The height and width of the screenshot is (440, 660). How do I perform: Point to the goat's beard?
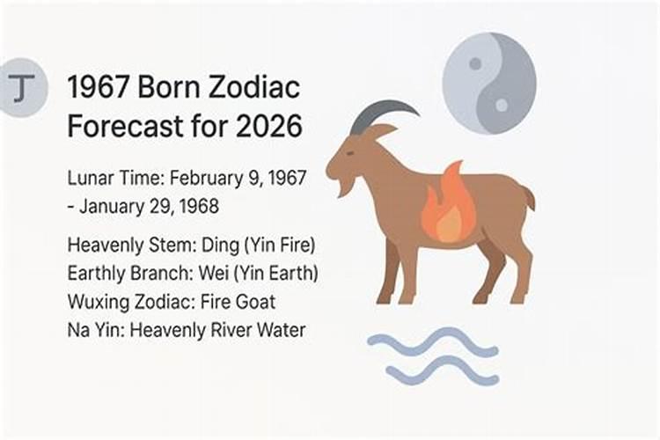(345, 186)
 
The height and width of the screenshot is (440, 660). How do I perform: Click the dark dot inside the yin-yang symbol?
(475, 63)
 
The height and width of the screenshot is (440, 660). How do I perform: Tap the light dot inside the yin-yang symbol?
(502, 105)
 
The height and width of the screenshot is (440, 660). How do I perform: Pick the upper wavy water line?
(431, 343)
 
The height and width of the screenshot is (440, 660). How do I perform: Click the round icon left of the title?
(20, 88)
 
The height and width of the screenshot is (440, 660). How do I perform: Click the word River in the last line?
(230, 330)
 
